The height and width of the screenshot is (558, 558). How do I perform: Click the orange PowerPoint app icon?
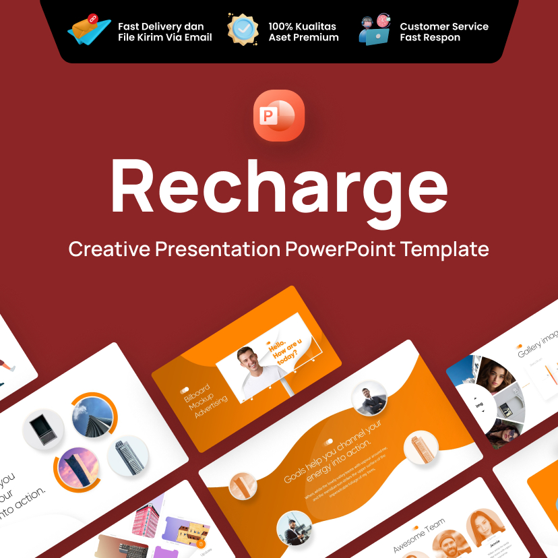pyautogui.click(x=279, y=115)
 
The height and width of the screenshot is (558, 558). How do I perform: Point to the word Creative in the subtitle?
pyautogui.click(x=109, y=249)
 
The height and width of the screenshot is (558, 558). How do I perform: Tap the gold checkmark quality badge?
pyautogui.click(x=243, y=29)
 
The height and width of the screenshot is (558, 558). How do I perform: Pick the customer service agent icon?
pyautogui.click(x=375, y=30)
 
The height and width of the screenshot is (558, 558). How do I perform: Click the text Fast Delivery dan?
pyautogui.click(x=161, y=26)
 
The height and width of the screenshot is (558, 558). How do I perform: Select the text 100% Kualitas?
pyautogui.click(x=302, y=26)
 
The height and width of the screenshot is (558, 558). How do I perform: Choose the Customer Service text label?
pyautogui.click(x=444, y=26)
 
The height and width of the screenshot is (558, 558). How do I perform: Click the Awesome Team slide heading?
pyautogui.click(x=419, y=536)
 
